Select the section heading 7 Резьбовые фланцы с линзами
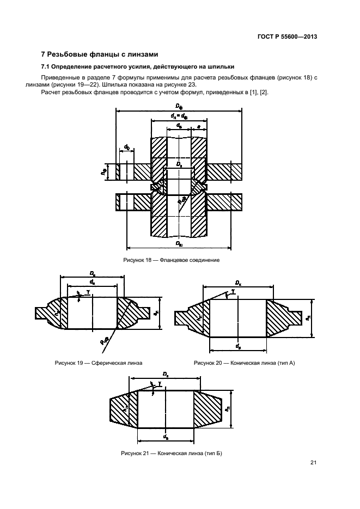pyautogui.click(x=100, y=54)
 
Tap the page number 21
pyautogui.click(x=313, y=463)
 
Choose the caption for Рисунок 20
pyautogui.click(x=244, y=363)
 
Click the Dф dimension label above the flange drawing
pyautogui.click(x=179, y=106)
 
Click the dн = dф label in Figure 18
pyautogui.click(x=179, y=116)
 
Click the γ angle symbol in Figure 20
pyautogui.click(x=233, y=292)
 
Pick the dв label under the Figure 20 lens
pyautogui.click(x=238, y=345)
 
